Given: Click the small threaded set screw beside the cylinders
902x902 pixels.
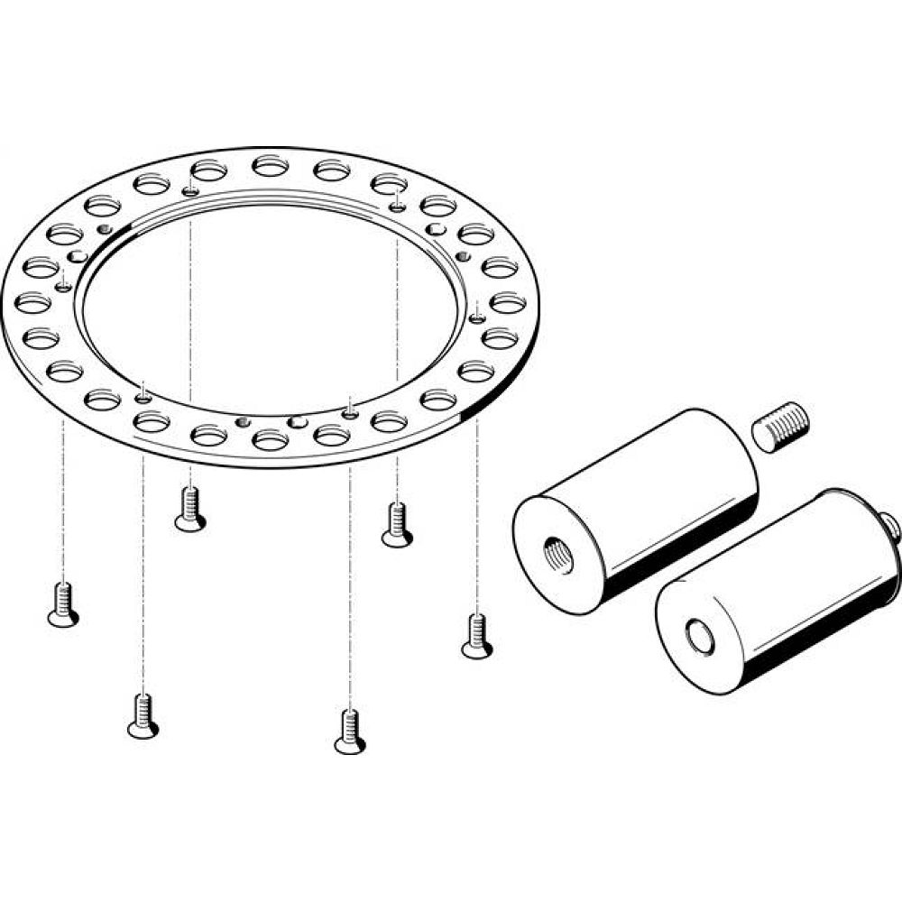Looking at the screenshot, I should (x=781, y=426).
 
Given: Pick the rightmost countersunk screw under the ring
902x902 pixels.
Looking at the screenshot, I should (x=476, y=635).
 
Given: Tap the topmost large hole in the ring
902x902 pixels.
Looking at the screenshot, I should (x=269, y=165).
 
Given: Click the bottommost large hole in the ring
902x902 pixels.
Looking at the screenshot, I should (x=270, y=439).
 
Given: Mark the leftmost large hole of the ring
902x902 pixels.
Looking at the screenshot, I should (x=32, y=302).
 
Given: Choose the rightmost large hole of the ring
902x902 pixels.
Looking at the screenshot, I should (x=508, y=302).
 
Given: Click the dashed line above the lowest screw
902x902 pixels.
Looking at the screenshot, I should (x=350, y=586).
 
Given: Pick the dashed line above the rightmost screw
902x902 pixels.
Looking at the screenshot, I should (x=476, y=514).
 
